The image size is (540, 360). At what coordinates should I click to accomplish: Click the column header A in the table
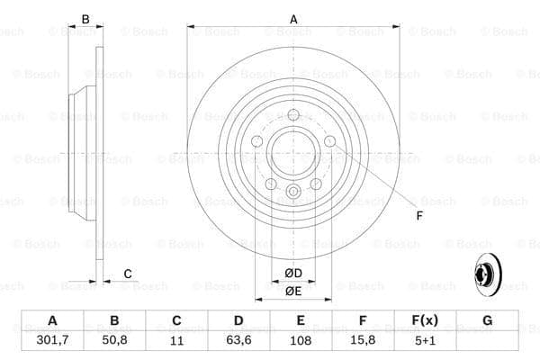[x=52, y=321]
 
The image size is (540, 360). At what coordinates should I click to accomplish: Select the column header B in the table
[x=114, y=321]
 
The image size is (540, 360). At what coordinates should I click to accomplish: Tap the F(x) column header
[x=425, y=321]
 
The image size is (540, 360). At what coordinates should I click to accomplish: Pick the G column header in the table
[x=487, y=321]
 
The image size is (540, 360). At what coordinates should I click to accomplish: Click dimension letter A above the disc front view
[x=293, y=18]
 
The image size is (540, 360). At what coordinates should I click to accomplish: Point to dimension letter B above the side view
[x=86, y=18]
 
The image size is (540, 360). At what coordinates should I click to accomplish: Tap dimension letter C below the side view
[x=127, y=274]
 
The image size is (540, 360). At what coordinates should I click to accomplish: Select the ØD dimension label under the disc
[x=293, y=273]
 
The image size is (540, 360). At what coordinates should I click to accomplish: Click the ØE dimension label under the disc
[x=293, y=291]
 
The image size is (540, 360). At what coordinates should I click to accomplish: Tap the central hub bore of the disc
[x=293, y=149]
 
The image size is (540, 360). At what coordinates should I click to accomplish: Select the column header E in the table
[x=301, y=321]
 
